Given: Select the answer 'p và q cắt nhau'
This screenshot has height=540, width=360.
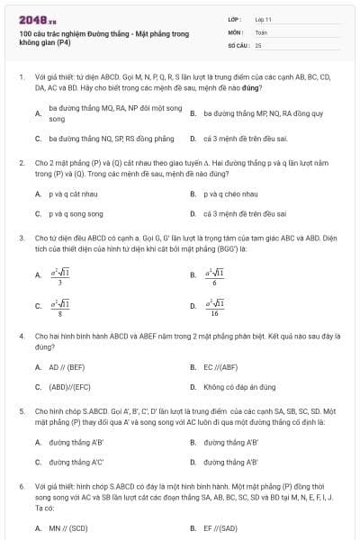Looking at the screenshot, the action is [71, 193].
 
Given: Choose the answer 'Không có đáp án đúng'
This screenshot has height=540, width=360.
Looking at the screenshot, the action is [238, 387].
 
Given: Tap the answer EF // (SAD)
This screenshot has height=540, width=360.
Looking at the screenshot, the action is [220, 528].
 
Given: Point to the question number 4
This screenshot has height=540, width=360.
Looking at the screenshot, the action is [21, 335].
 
